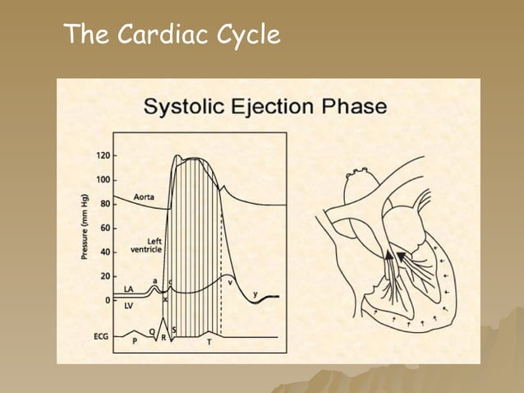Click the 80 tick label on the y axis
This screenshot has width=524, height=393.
point(104,203)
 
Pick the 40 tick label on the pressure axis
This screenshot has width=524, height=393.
point(104,252)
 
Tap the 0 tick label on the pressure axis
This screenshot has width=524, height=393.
point(107,300)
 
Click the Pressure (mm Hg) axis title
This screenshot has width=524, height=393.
point(85,227)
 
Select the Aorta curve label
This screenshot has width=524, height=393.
point(144,197)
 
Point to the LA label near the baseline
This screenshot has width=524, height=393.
point(129,289)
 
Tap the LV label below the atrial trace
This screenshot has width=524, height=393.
point(129,305)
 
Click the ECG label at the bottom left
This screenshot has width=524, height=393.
point(100,336)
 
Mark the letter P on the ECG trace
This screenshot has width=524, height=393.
point(136,340)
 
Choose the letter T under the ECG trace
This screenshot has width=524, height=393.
point(209,341)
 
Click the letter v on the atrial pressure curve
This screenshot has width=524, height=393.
point(230,282)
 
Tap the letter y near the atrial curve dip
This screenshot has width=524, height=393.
point(255,294)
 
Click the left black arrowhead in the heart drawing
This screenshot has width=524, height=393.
point(388,256)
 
